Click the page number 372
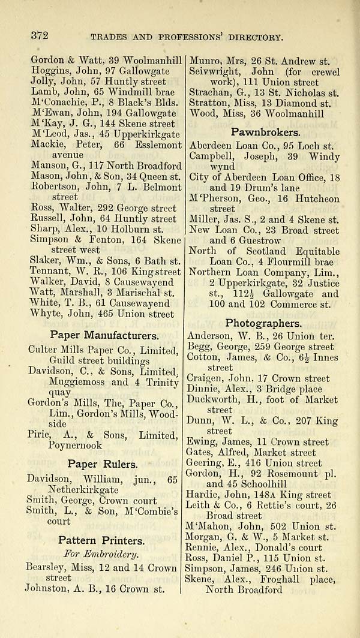click(x=39, y=37)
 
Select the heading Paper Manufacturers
click(x=104, y=335)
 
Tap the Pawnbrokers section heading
click(x=265, y=131)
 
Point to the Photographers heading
click(x=263, y=323)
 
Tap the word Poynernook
click(x=75, y=446)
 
